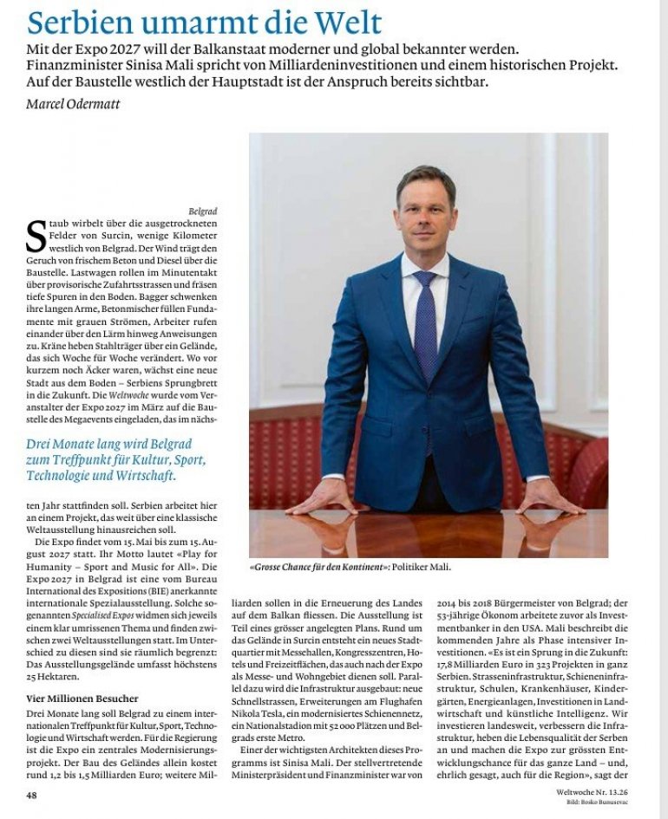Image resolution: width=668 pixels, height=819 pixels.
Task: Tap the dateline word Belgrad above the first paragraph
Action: tap(203, 211)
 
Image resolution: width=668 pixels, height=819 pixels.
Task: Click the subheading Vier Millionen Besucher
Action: tap(82, 698)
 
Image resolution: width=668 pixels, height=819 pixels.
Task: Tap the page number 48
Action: tap(32, 794)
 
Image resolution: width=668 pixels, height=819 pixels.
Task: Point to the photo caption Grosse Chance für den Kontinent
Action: tap(318, 567)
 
